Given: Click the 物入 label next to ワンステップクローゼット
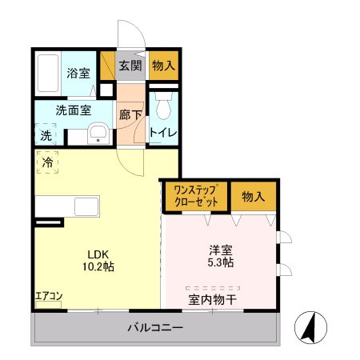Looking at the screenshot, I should coord(254,196).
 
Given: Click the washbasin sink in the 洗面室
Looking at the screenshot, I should coord(98,134).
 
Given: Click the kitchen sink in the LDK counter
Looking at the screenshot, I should coord(86,206).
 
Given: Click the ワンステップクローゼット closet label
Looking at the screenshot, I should coord(196,196).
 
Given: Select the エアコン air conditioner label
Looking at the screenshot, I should coord(49,296).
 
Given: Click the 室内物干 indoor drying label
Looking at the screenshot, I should coord(212,300).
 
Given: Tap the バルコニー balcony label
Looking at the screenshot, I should coord(156,328).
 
